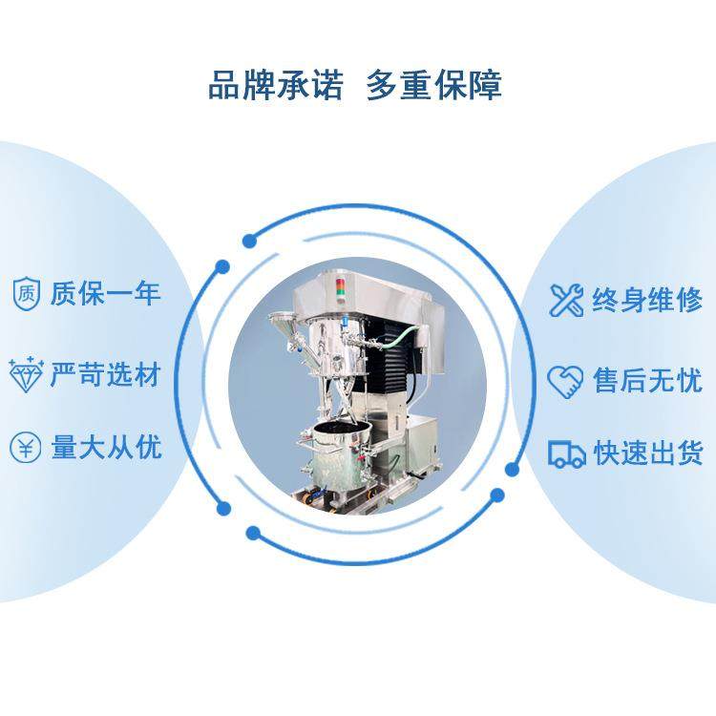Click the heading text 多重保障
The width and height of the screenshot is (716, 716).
(434, 84)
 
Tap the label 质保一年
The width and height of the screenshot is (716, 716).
(106, 292)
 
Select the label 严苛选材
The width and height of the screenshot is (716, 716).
(106, 374)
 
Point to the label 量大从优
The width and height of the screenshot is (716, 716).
(106, 447)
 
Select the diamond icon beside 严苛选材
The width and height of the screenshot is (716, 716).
(26, 374)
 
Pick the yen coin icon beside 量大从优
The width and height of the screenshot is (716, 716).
(26, 447)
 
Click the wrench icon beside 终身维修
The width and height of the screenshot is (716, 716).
(565, 300)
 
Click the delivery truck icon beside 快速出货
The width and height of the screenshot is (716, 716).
(566, 453)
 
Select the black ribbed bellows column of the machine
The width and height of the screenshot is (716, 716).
(390, 368)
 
